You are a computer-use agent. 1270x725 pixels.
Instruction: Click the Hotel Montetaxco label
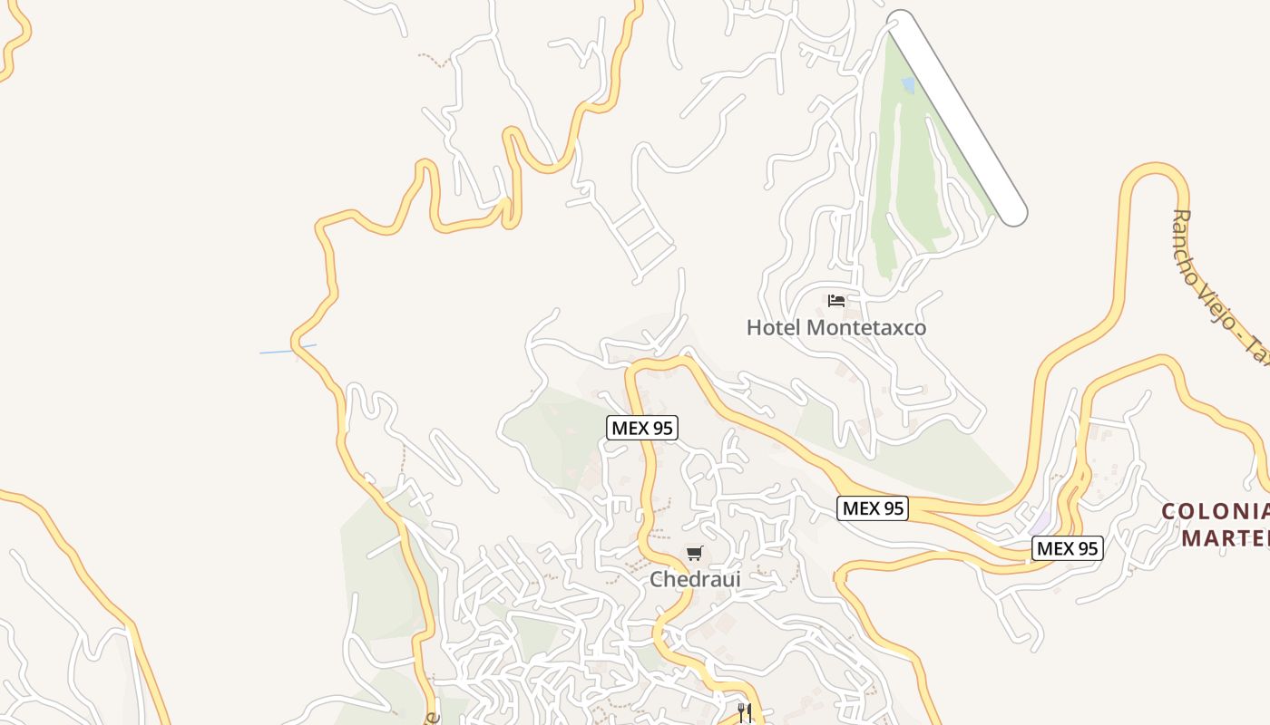(835, 327)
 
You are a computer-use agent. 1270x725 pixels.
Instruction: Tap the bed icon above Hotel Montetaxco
(836, 300)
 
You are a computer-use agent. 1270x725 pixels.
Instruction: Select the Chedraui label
(695, 578)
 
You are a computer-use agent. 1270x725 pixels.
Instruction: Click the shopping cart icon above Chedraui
(695, 553)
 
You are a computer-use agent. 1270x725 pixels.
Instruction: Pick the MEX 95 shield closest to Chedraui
(642, 428)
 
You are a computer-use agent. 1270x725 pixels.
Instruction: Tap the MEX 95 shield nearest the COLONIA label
(1068, 548)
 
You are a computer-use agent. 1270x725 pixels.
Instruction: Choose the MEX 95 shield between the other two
(873, 508)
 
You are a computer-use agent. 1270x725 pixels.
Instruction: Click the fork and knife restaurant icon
(745, 712)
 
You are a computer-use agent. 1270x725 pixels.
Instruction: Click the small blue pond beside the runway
(908, 85)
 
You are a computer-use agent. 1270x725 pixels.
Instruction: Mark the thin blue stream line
(288, 349)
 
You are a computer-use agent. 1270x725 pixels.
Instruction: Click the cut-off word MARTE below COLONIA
(1225, 538)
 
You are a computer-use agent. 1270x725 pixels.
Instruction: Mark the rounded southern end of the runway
(1012, 212)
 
